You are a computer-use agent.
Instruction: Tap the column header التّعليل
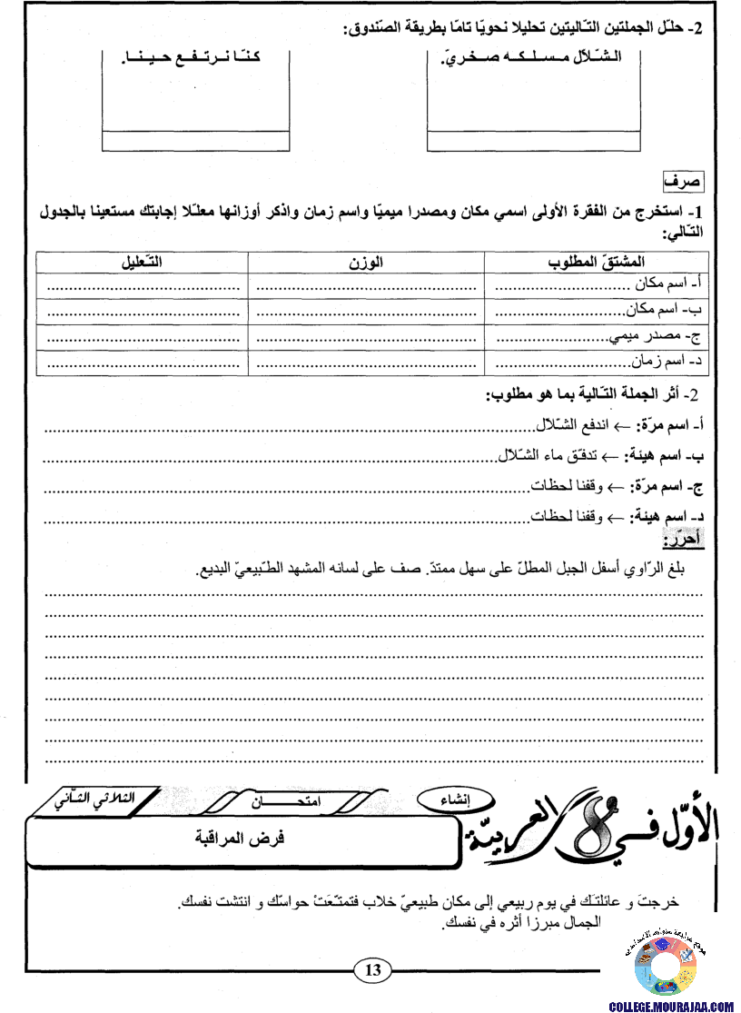pos(142,263)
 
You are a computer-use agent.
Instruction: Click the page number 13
pos(372,970)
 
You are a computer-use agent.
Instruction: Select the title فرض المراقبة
pos(241,837)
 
